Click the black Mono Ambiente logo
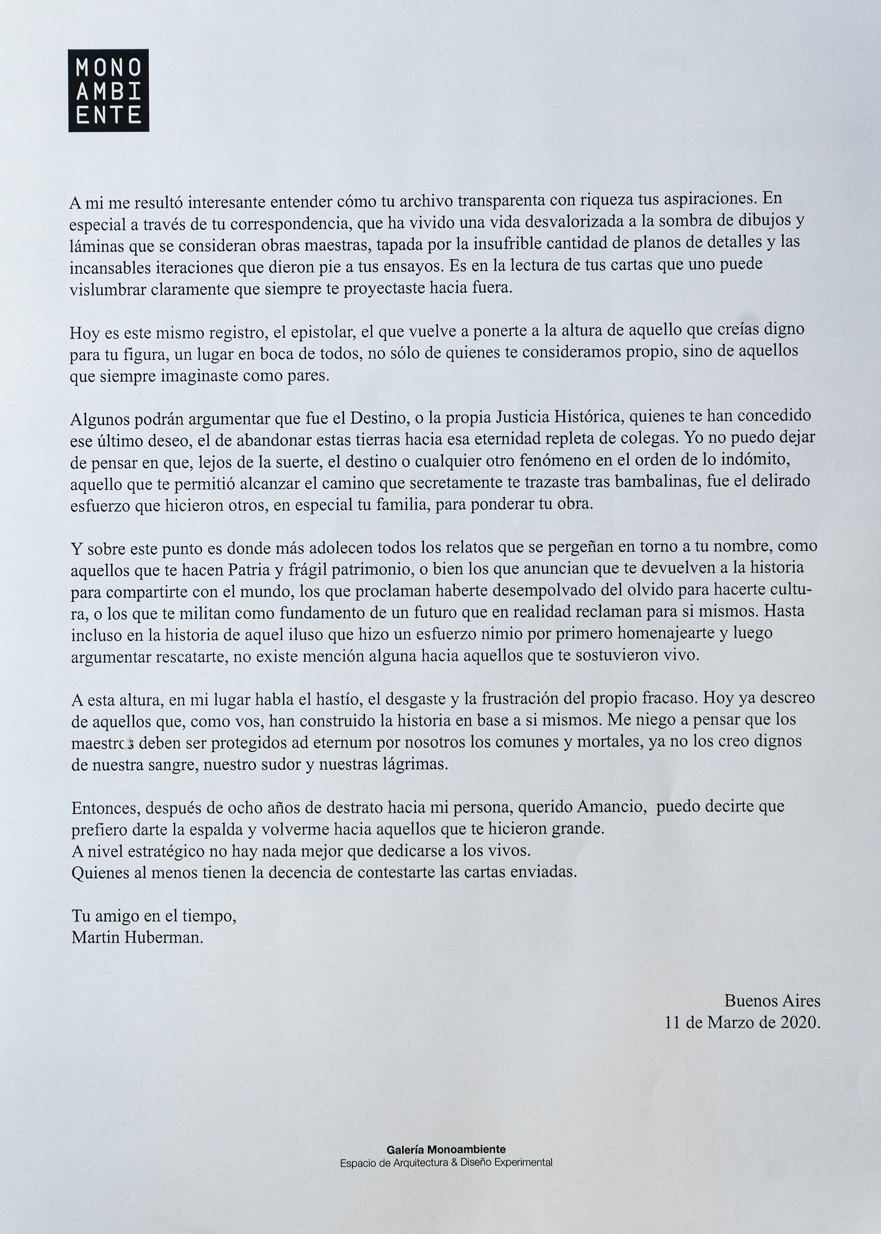[108, 90]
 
